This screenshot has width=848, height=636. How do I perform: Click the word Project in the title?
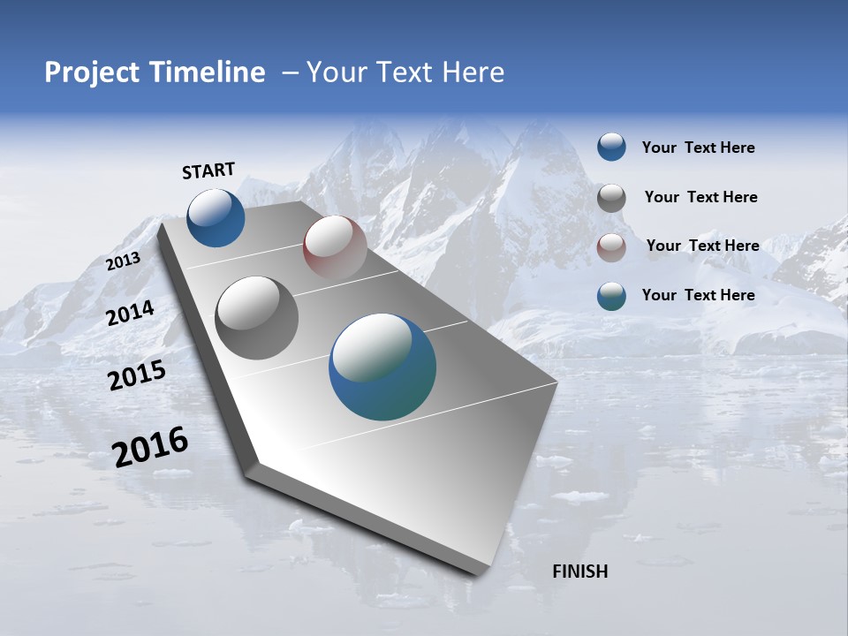coord(87,72)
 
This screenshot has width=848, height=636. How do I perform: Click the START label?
coord(208,170)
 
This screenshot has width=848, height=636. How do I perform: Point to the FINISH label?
coord(580,572)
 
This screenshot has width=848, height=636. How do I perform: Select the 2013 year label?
coord(124,261)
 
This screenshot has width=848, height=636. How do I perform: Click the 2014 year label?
coord(131,314)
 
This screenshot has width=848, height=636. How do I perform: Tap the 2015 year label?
coord(137,375)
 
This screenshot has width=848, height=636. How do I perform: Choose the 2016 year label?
coord(150,447)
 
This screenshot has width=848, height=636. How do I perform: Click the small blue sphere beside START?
coord(216,217)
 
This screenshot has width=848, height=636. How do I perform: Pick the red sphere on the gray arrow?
coord(335,247)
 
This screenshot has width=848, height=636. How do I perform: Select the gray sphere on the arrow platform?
coord(257,318)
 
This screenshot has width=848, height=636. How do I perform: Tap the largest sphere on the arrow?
coord(382,367)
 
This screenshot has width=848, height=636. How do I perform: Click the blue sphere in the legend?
coord(611,148)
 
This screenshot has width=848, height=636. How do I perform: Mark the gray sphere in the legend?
coord(611,198)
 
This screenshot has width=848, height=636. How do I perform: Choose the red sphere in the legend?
coord(611,247)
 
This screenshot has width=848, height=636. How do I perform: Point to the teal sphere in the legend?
coord(611,296)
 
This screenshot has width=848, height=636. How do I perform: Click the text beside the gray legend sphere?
coord(700,198)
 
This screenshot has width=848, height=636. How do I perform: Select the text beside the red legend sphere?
coord(702,246)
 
